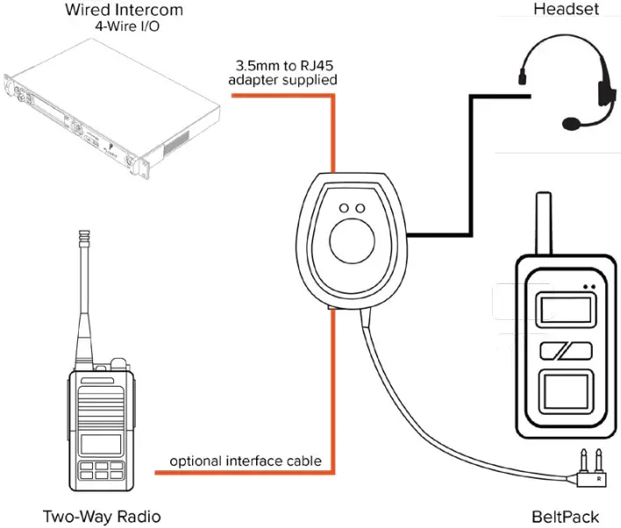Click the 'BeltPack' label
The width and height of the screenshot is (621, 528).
tap(565, 516)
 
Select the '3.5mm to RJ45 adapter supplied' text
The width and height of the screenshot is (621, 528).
tap(282, 74)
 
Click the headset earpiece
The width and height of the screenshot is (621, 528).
tap(603, 91)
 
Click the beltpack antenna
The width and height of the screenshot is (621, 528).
tap(543, 224)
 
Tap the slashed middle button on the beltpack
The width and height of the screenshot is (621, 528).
tap(562, 352)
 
